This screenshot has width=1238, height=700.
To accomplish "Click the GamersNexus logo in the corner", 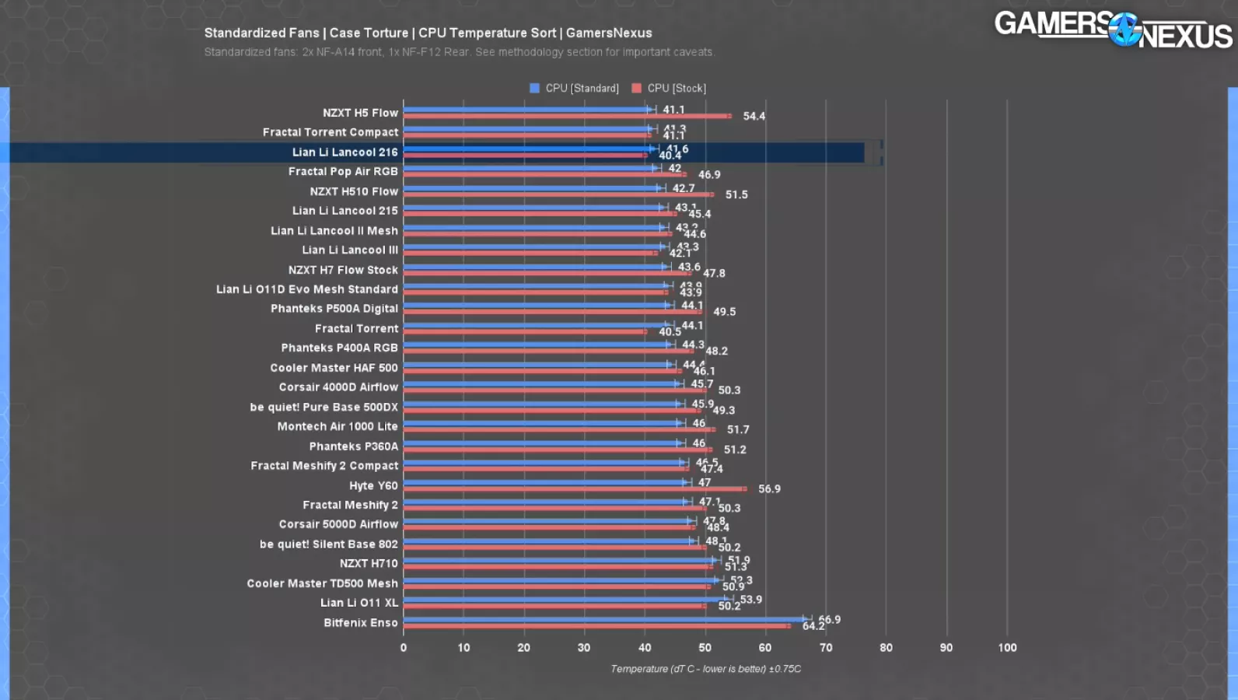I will point(1113,30).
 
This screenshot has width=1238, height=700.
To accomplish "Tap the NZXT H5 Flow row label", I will point(360,113).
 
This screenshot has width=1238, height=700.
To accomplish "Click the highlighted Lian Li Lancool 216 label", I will point(344,152).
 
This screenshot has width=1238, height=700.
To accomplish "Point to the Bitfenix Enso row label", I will point(360,623).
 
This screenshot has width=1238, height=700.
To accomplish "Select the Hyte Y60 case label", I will point(373,485).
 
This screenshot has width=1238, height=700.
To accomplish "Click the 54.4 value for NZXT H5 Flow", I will point(754,117).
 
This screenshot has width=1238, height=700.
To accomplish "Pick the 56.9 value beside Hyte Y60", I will point(769,489).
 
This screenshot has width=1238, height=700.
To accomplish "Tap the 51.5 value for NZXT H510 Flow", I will point(736,194).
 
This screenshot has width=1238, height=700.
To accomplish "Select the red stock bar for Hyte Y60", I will point(575,489).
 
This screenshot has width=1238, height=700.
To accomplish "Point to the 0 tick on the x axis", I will point(404,648).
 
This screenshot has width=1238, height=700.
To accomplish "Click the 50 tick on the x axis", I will point(705,648).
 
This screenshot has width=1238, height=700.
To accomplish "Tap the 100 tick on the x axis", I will point(1007,648).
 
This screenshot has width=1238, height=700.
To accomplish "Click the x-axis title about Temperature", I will point(705,669).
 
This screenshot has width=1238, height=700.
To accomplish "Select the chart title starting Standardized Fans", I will point(428,33).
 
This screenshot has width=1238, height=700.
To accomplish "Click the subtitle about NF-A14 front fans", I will point(459,52).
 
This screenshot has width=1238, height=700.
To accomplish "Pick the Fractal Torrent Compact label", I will point(330,132).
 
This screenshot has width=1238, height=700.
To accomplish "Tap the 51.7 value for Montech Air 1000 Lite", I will point(738,430).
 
